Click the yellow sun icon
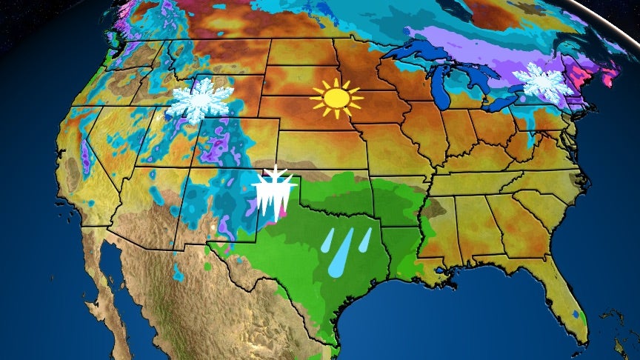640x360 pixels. click(337, 98)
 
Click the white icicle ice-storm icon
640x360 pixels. click(275, 192)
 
